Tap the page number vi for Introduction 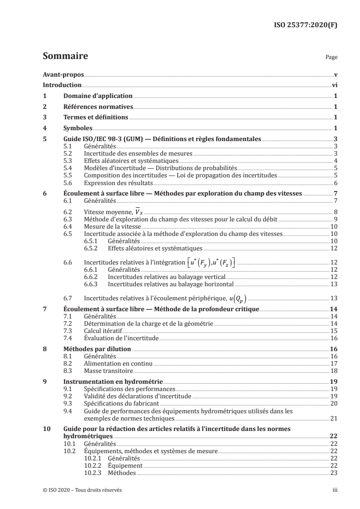click(x=334, y=85)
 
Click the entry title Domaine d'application click(x=98, y=96)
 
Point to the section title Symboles click(x=78, y=128)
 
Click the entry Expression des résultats click(x=118, y=183)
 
